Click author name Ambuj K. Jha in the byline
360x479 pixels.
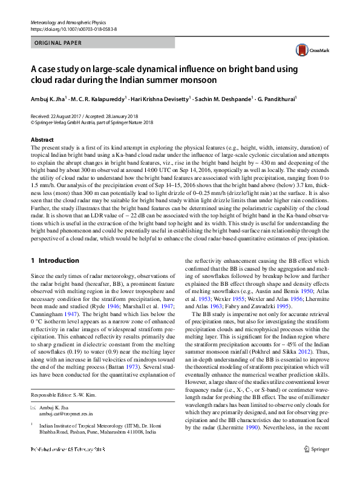pyautogui.click(x=48, y=97)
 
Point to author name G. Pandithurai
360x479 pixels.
pyautogui.click(x=277, y=97)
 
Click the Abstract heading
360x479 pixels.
pyautogui.click(x=42, y=140)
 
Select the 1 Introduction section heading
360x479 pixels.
pyautogui.click(x=54, y=261)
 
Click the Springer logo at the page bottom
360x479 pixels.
pyautogui.click(x=316, y=466)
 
